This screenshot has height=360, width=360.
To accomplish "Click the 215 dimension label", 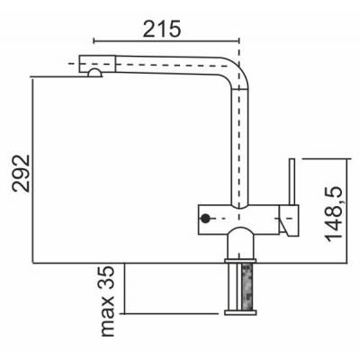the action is [x=162, y=29].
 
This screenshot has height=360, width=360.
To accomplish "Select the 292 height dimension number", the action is [x=21, y=173].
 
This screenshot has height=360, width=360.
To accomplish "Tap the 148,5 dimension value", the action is [x=333, y=214].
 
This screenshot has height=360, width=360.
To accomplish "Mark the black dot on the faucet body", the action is [x=205, y=219].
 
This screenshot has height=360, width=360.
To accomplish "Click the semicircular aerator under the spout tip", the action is [x=94, y=73].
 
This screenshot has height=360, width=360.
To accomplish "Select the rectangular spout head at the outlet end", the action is [x=97, y=64].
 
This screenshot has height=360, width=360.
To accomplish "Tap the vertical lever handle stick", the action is [x=292, y=182].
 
